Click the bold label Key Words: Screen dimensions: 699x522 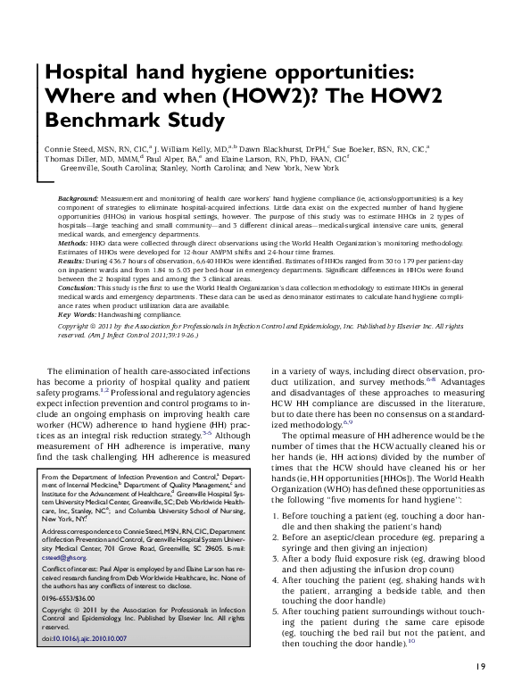[79, 316]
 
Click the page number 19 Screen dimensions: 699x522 [480, 665]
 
